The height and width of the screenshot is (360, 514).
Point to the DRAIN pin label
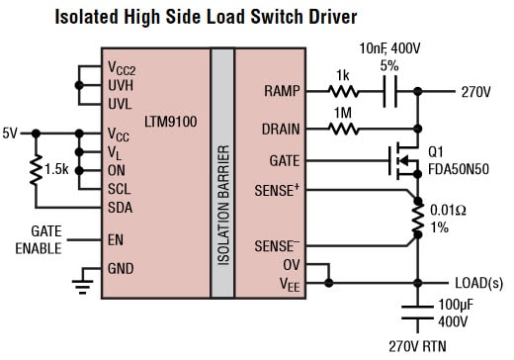281,128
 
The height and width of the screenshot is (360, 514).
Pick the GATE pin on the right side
285,158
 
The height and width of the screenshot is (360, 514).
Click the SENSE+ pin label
278,187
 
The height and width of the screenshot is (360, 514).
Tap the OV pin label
292,265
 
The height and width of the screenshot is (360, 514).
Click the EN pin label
117,238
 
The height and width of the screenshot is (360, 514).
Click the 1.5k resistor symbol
37,169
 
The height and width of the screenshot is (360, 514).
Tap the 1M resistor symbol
344,128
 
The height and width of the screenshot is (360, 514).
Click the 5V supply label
11,132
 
